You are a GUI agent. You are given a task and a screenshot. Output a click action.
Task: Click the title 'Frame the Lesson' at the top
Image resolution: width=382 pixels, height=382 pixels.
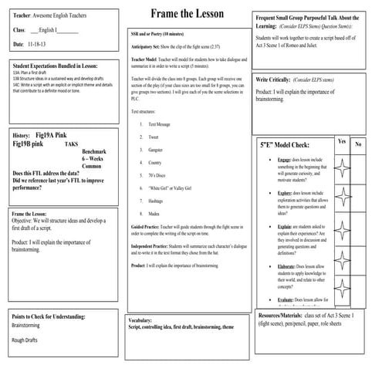(x=190, y=12)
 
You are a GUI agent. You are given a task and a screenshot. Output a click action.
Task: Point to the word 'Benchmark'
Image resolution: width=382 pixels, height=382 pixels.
(x=94, y=151)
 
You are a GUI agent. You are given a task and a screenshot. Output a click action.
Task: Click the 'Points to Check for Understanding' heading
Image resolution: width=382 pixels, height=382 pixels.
(x=59, y=316)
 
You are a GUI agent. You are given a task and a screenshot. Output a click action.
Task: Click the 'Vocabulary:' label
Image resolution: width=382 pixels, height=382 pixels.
(x=140, y=319)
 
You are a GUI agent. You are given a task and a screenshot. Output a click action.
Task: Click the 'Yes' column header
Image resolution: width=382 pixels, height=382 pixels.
(x=342, y=142)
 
